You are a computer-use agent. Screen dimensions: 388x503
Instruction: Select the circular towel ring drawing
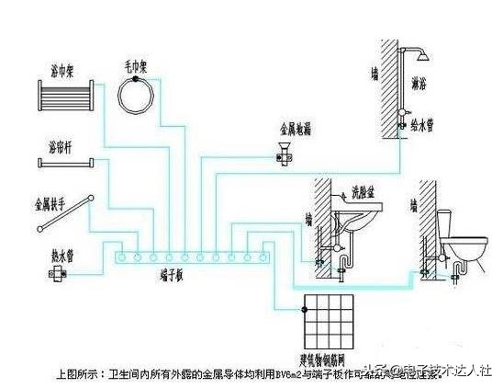tap(143, 95)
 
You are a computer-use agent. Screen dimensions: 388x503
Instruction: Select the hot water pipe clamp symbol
tap(60, 272)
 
